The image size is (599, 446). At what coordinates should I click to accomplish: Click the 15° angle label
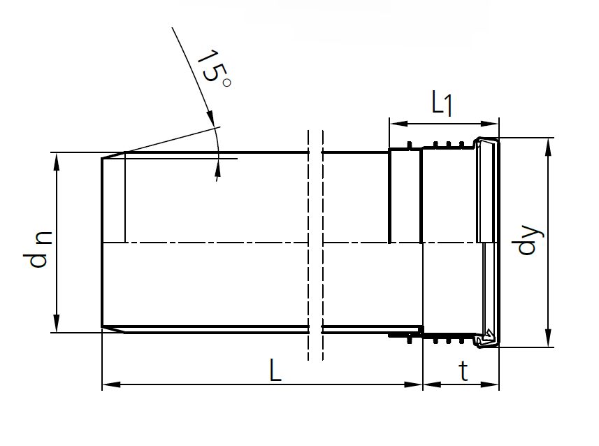pos(212,70)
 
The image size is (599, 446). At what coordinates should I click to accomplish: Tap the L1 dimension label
pos(442,104)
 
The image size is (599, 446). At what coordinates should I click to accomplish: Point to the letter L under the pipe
pos(276,371)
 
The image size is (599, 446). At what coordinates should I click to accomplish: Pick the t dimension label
pos(463,371)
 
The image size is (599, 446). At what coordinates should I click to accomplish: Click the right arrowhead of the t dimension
pos(494,384)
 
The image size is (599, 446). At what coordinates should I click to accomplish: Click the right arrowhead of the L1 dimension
pos(493,124)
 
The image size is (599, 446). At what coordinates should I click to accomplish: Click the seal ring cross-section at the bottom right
pos(486,338)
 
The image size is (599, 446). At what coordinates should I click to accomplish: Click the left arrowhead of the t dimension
pos(428,384)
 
